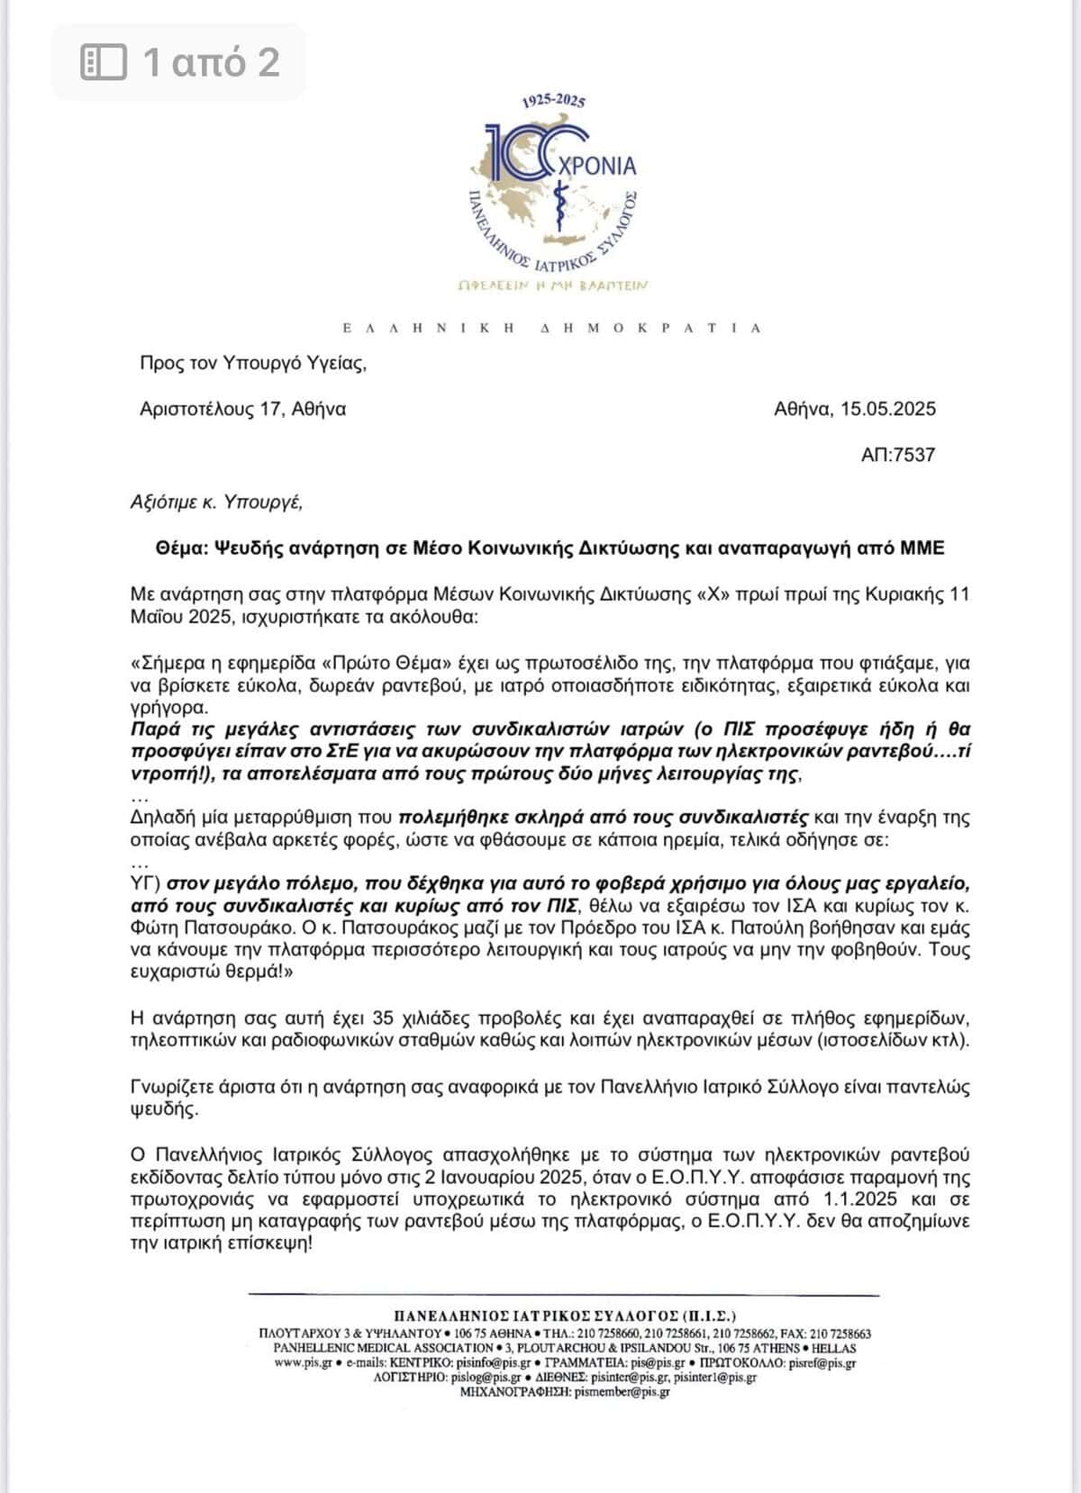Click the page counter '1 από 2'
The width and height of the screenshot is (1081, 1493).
point(212,62)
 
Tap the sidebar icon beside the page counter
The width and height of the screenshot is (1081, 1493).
point(104,62)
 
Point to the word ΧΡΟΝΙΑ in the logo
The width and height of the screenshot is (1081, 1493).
point(598,166)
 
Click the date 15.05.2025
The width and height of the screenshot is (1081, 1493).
point(888,409)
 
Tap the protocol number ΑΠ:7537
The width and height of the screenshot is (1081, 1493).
point(897,455)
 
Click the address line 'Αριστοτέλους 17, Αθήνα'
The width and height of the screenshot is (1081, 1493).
point(242,409)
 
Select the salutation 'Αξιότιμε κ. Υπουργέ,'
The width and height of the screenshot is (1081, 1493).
point(216,502)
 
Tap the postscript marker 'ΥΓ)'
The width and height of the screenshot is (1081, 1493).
point(145,883)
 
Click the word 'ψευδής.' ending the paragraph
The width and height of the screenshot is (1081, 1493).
point(164,1108)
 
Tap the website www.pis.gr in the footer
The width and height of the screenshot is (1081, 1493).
point(303,1362)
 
